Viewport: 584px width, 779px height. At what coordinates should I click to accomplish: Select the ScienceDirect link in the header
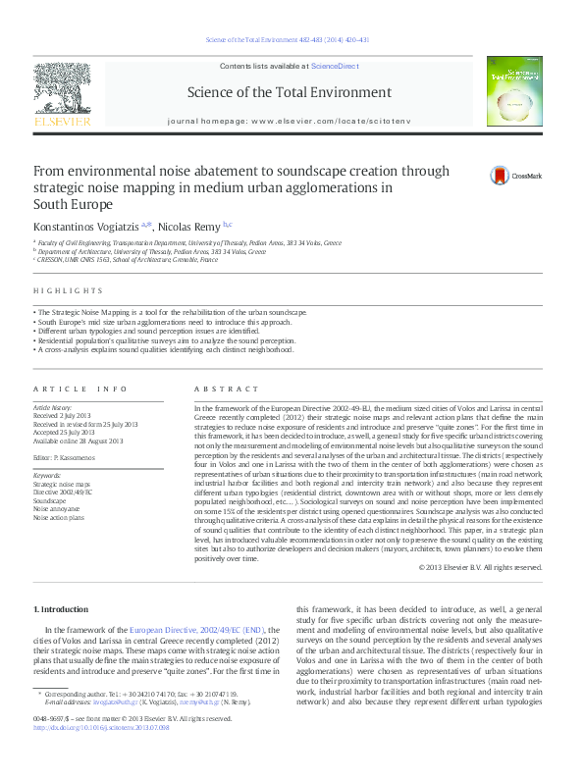coord(335,65)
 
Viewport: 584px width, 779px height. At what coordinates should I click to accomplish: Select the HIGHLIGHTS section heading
coord(68,291)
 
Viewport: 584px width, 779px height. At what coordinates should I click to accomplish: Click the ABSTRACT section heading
coord(221,389)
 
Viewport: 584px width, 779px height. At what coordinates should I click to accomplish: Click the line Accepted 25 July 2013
coord(64,432)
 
